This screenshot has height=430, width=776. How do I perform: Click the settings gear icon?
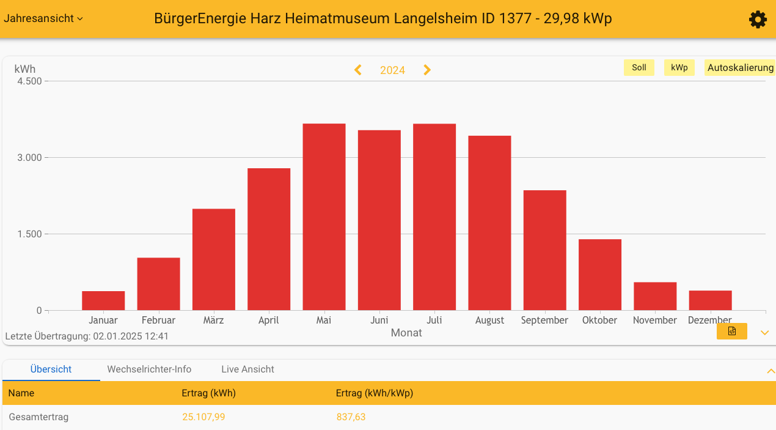(758, 20)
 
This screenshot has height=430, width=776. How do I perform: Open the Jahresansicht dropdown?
(43, 18)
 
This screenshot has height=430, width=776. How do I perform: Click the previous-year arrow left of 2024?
(358, 70)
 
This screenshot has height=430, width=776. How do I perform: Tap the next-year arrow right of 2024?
(427, 70)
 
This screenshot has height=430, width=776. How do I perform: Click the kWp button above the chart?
(679, 68)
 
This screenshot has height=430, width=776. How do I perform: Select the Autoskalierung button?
(740, 68)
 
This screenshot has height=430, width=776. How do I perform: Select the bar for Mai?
(324, 217)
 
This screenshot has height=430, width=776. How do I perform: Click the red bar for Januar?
(103, 300)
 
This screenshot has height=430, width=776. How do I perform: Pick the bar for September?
(544, 250)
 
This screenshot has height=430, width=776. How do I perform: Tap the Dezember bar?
(710, 300)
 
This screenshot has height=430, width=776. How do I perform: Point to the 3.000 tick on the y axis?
(30, 158)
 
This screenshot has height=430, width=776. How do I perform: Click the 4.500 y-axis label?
(30, 81)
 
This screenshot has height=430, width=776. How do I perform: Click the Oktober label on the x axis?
(599, 321)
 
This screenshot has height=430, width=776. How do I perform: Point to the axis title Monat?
(406, 333)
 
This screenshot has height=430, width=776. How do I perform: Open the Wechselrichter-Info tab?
(149, 369)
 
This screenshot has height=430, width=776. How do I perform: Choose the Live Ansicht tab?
(247, 369)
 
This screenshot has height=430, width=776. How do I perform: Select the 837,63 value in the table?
(351, 417)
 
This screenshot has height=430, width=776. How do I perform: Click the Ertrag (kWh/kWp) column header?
(375, 393)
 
